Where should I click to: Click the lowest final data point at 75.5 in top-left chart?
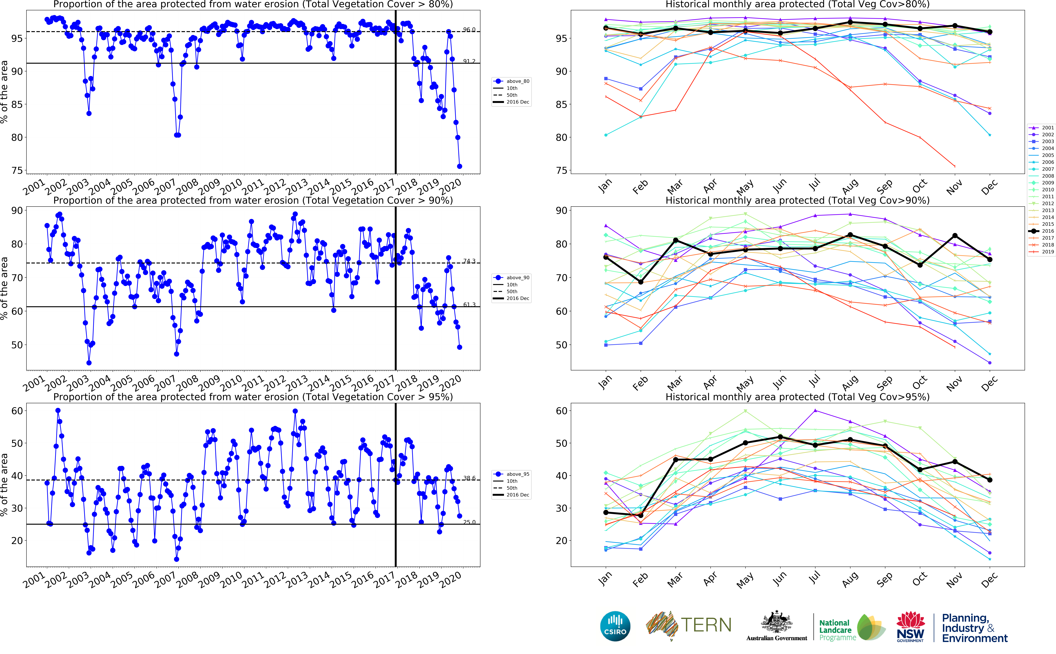tap(459, 166)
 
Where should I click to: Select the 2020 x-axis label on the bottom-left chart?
tap(451, 580)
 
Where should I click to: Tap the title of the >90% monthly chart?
tap(797, 200)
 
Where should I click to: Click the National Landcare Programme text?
tap(837, 630)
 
